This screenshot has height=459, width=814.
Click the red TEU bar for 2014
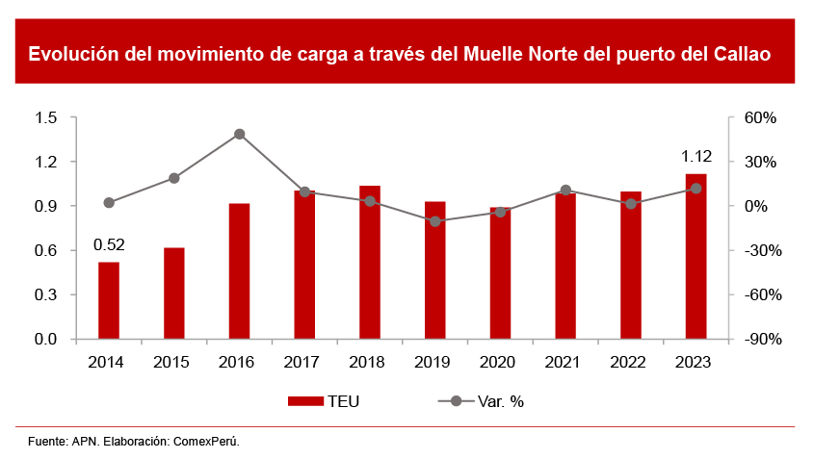pos(109,300)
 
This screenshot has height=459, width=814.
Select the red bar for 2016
pos(239,271)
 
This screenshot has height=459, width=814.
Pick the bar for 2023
pos(696,256)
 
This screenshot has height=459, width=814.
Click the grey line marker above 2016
pos(239,135)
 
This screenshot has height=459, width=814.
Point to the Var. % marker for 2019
pos(435,221)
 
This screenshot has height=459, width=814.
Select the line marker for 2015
pos(174,178)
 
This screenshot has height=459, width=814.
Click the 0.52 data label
pos(109,244)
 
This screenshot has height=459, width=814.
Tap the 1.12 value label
pos(696,156)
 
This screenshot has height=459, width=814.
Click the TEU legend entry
pos(324,401)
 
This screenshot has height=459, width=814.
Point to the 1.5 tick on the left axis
pos(46,117)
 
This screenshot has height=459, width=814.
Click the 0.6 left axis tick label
pos(46,250)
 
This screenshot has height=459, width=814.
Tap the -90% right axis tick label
pos(757,340)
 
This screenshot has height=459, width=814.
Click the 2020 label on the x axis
pos(500,362)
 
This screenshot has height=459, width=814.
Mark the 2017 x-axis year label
pos(304,362)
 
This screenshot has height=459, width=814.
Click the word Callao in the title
pos(741,54)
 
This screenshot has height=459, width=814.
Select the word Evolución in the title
pos(72,54)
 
